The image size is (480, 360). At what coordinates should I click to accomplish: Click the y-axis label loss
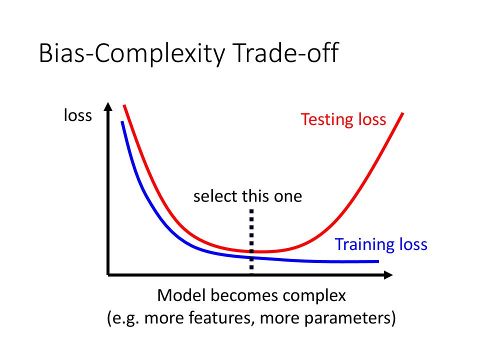(78, 115)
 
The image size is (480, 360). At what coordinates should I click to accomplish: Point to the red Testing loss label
(343, 119)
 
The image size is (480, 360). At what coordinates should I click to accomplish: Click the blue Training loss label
(381, 244)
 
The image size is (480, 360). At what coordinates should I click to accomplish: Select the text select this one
(247, 196)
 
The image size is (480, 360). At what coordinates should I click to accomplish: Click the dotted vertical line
(251, 241)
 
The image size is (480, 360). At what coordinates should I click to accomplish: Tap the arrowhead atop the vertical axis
(108, 106)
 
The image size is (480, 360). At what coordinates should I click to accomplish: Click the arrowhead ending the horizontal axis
(388, 275)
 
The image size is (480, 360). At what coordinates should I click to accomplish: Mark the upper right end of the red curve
(402, 113)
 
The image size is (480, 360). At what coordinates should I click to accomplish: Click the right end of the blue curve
(378, 261)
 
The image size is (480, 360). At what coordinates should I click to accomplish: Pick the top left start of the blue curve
(122, 122)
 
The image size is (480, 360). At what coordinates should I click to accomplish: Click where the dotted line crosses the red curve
(251, 251)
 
